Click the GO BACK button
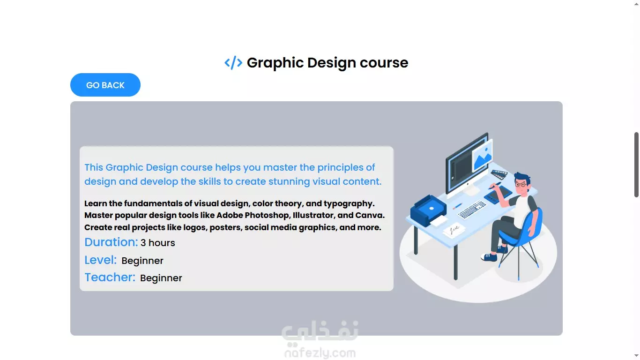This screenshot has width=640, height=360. pos(105,85)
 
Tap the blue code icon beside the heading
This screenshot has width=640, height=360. pos(233,63)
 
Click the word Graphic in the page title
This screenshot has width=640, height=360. pos(275,63)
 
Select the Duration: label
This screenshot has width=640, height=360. pos(111,242)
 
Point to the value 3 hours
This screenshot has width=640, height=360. pos(158,243)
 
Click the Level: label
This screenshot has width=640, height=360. pos(101,260)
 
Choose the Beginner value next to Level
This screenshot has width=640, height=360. pos(142,261)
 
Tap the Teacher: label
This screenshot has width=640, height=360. pos(110,277)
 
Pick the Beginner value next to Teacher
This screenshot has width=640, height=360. pos(161,278)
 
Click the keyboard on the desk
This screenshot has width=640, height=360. pos(472,209)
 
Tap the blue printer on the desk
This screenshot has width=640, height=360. pos(428,210)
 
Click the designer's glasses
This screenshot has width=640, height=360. pos(521,184)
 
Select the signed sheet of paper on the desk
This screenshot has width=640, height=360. pos(454,230)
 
